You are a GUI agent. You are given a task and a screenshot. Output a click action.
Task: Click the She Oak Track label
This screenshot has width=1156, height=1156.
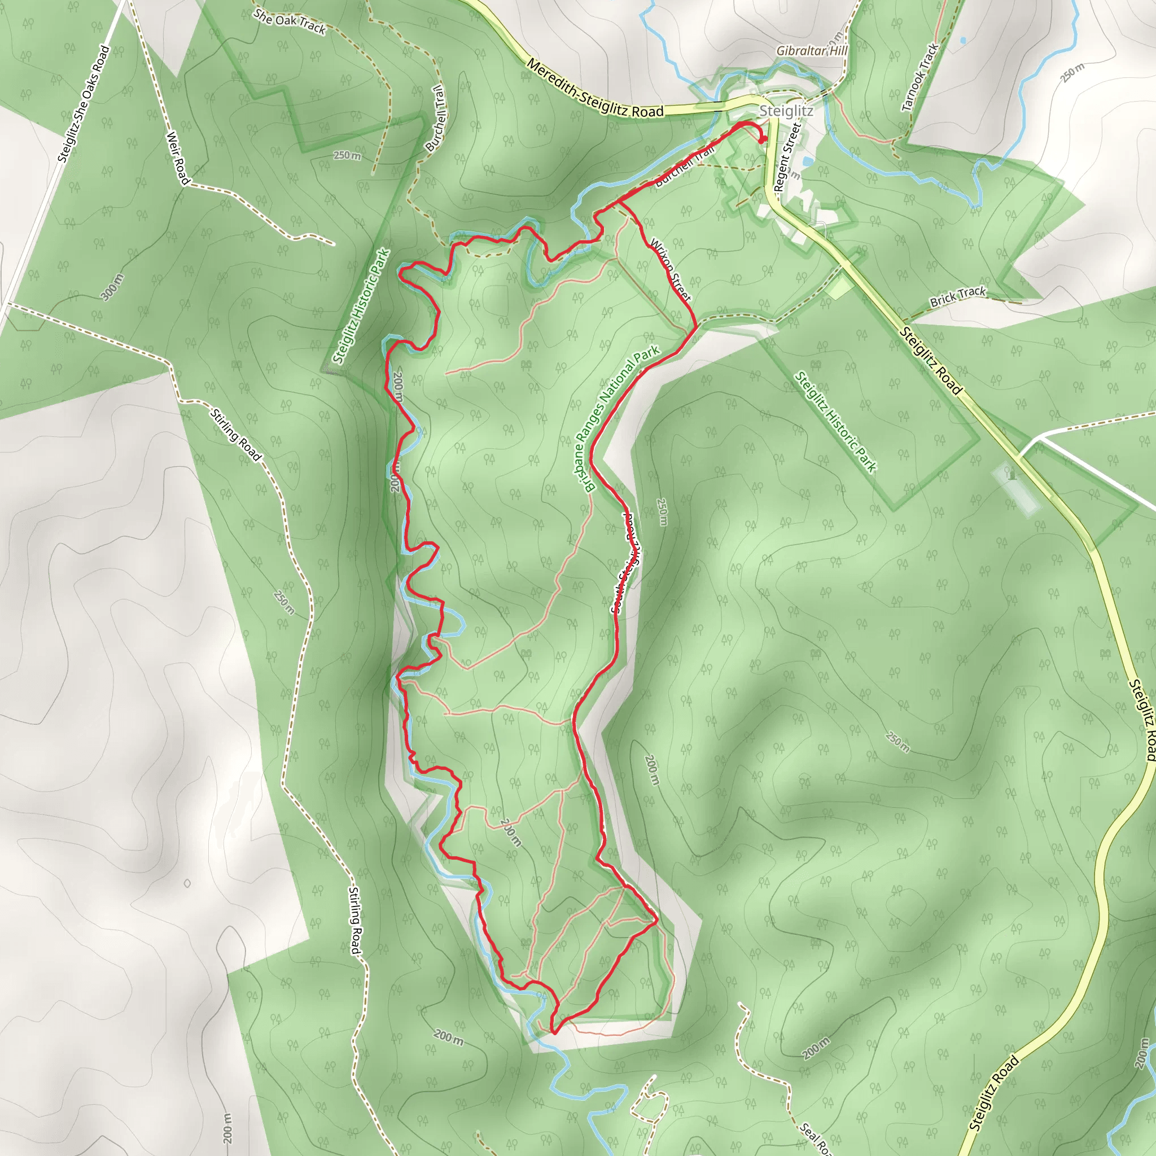(x=290, y=21)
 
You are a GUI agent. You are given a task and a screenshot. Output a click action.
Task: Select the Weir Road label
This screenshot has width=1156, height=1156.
(x=177, y=158)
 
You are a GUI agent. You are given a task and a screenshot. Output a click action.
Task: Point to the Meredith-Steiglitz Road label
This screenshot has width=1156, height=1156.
(x=595, y=89)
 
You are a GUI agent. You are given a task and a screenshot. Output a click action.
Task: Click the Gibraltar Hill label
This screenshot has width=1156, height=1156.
(x=811, y=51)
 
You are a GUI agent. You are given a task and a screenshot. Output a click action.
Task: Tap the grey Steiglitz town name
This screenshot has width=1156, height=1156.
(x=786, y=111)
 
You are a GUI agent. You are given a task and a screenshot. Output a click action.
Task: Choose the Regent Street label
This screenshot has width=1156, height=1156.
(x=786, y=156)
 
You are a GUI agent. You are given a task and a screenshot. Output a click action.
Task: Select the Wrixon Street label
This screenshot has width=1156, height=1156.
(x=670, y=270)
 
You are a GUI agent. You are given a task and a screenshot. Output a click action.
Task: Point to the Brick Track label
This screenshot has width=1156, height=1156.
(x=957, y=296)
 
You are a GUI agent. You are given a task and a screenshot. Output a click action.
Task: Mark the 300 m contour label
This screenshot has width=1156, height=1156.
(x=112, y=287)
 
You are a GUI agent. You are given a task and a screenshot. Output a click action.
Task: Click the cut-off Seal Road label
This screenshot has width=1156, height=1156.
(x=816, y=1140)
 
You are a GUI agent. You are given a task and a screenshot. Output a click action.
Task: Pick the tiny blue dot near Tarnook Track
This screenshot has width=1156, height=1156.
(x=963, y=41)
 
